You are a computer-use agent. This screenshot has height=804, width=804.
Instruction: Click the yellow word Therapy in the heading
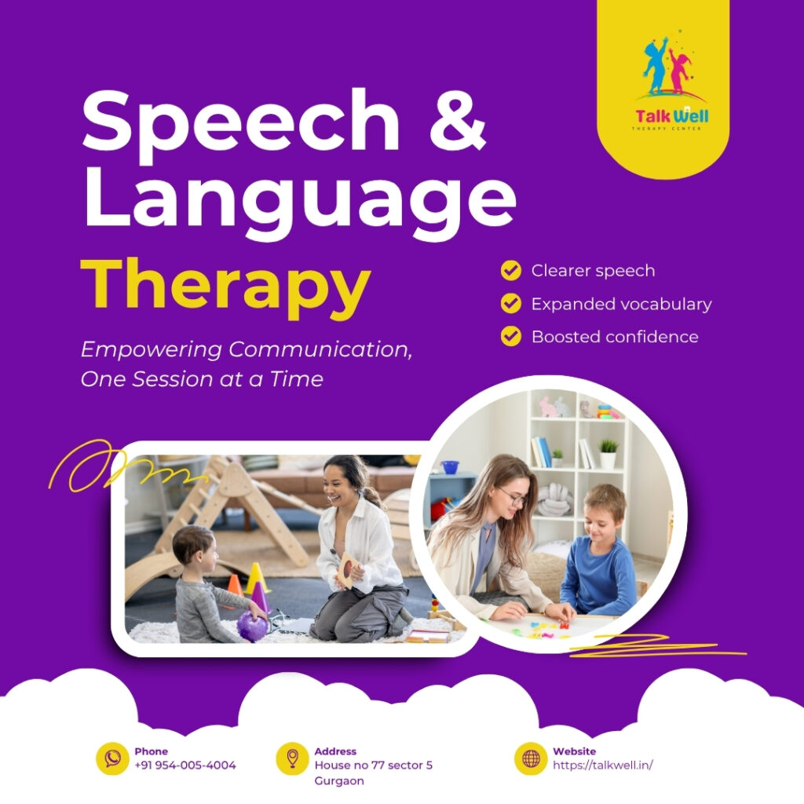[225, 284]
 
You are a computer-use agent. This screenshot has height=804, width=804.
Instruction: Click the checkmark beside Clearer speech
[510, 271]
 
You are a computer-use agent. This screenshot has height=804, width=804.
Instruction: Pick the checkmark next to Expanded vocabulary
[510, 303]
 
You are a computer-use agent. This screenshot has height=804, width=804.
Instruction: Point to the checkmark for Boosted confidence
[510, 336]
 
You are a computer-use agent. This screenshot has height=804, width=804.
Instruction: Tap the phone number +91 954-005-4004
[185, 765]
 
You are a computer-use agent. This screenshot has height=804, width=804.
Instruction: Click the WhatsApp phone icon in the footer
[112, 758]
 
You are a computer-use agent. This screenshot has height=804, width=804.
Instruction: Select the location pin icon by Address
[292, 758]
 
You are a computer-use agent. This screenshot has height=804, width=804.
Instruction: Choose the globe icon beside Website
[531, 758]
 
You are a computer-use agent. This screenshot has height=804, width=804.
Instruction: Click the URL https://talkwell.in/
[603, 765]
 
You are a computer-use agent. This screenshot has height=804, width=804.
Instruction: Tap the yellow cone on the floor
[255, 579]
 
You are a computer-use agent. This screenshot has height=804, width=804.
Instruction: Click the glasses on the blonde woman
[512, 498]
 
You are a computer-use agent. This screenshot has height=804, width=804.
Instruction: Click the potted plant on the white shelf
[608, 454]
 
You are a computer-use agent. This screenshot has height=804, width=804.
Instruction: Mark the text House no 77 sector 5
[373, 765]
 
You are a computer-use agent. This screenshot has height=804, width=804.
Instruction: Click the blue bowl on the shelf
[450, 467]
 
